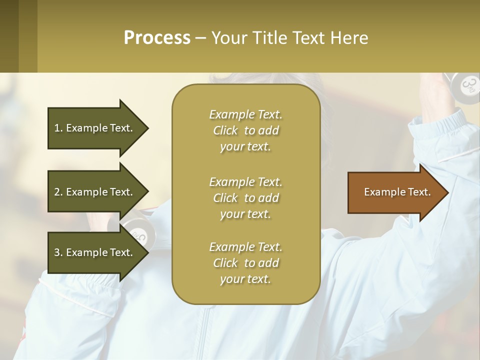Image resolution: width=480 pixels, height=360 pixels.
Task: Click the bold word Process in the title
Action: (157, 38)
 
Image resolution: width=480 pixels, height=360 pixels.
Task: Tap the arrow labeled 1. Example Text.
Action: (93, 128)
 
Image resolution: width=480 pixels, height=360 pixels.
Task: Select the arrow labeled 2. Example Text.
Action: (93, 192)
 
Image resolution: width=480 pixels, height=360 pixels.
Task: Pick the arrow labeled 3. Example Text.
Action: (93, 252)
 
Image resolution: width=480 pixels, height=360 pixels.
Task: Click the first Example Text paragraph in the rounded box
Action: (245, 130)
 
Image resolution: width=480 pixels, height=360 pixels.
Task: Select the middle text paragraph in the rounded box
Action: (245, 197)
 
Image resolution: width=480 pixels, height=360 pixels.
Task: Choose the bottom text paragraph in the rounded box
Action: (245, 263)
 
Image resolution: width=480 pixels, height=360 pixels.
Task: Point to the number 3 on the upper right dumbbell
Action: (467, 84)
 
